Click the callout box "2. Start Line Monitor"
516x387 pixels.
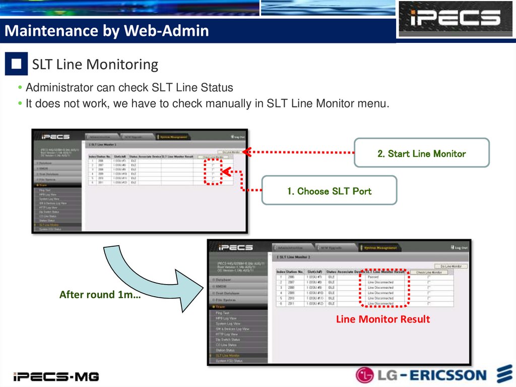(x=421, y=153)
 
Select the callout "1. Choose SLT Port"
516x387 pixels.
(x=329, y=191)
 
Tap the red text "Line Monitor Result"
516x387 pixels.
(x=382, y=319)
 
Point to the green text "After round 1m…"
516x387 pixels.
(x=100, y=295)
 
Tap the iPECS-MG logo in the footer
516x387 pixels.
(x=56, y=376)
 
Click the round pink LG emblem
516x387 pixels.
(x=364, y=375)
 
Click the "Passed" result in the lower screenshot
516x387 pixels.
(x=373, y=277)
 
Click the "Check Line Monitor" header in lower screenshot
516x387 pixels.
(x=428, y=272)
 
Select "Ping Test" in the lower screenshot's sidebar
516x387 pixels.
(x=222, y=313)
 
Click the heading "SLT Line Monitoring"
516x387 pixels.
(x=95, y=65)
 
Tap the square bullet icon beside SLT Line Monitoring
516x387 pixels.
(x=17, y=64)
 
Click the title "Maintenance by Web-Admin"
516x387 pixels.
(x=106, y=31)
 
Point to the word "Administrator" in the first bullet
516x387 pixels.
(x=60, y=88)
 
